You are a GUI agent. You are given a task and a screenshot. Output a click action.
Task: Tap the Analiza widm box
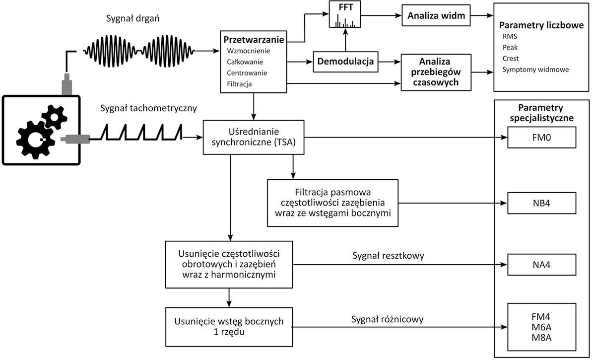(436, 15)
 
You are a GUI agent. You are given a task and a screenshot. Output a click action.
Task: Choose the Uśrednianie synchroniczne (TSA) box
(253, 138)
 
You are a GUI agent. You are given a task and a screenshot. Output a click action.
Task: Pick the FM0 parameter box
(541, 138)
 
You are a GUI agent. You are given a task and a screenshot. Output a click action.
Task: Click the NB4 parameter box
(541, 203)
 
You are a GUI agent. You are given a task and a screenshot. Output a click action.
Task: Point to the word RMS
(509, 36)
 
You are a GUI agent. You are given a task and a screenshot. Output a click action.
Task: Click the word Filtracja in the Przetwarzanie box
(239, 84)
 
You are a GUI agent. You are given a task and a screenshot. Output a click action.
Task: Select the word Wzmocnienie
(249, 51)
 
